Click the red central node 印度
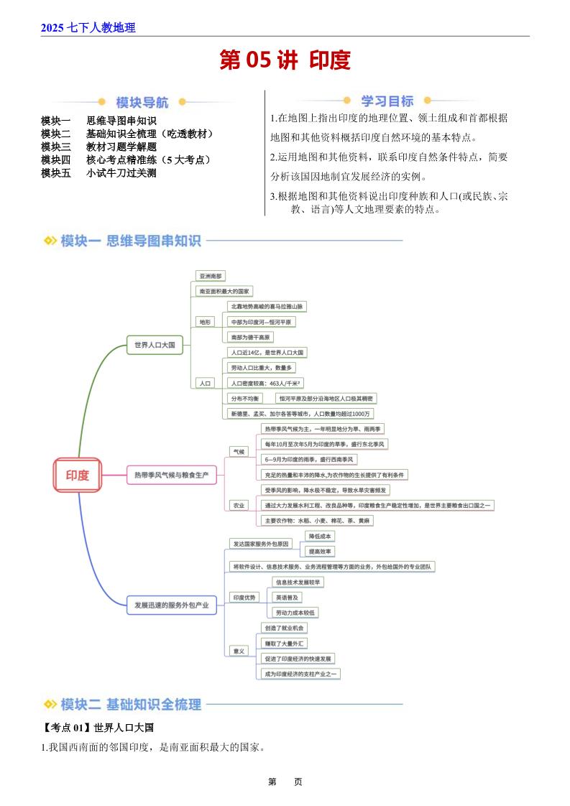point(78,475)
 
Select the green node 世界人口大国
point(155,346)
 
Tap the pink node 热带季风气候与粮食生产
point(171,475)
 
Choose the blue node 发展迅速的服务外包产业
point(171,606)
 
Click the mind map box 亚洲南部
point(211,275)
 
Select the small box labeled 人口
point(206,384)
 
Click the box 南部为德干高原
point(251,337)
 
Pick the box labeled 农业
point(237,505)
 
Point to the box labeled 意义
point(237,651)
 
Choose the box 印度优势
point(244,597)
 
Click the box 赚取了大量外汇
point(285,644)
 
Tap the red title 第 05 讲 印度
point(285,60)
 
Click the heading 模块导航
point(142,102)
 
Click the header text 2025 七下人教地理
point(88,28)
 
